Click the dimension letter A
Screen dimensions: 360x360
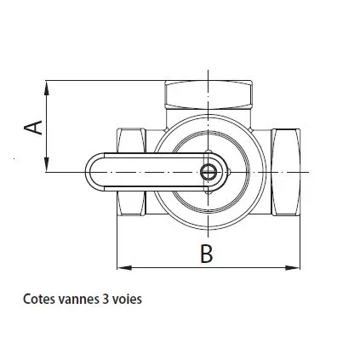point(33,127)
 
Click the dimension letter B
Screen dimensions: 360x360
point(206,253)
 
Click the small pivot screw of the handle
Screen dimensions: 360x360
point(209,172)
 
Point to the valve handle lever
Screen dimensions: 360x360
point(149,172)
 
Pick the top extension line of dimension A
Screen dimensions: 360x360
point(102,81)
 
